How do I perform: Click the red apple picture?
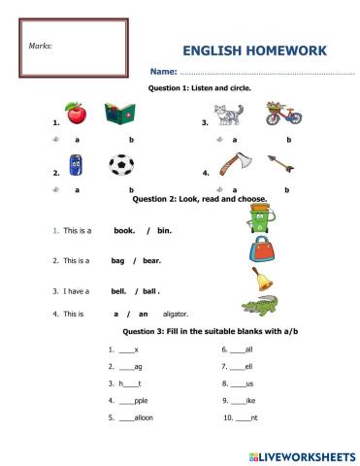[75, 114]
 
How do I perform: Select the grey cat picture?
[229, 116]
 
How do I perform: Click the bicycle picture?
[278, 114]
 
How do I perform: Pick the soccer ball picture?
[121, 166]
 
